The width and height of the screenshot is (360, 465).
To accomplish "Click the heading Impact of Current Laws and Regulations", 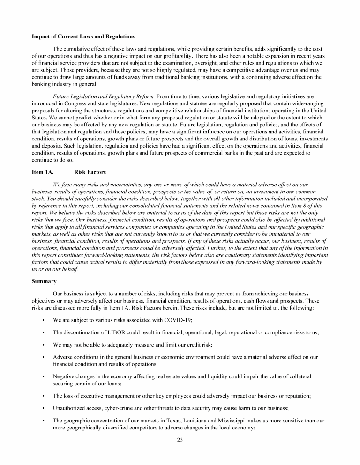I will (83, 37).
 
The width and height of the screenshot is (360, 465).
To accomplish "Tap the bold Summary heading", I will (44, 281).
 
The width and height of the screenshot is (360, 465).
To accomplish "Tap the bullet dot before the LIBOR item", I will (43, 332).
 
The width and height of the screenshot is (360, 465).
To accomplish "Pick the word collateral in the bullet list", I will (298, 376).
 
